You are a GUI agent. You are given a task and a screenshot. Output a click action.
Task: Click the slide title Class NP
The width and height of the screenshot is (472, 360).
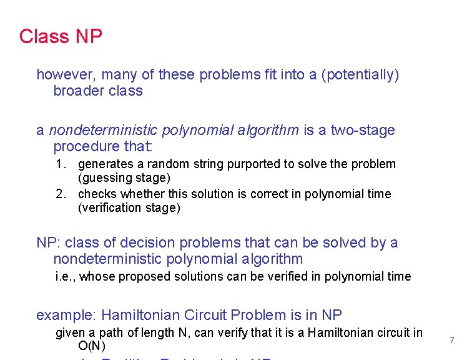(61, 36)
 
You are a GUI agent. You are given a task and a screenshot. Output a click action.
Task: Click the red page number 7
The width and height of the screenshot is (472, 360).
(451, 340)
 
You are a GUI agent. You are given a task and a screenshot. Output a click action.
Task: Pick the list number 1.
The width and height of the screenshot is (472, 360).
(60, 164)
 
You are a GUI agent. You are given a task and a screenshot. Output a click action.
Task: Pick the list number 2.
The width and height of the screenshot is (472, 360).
(60, 194)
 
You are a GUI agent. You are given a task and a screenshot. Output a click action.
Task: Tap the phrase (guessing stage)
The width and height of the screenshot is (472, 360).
(124, 178)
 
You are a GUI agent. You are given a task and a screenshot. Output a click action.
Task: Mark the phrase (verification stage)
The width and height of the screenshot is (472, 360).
(129, 207)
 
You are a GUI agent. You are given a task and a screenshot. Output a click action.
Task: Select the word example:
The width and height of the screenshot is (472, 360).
(66, 315)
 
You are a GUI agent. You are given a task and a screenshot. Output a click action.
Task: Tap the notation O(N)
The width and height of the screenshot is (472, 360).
(92, 346)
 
